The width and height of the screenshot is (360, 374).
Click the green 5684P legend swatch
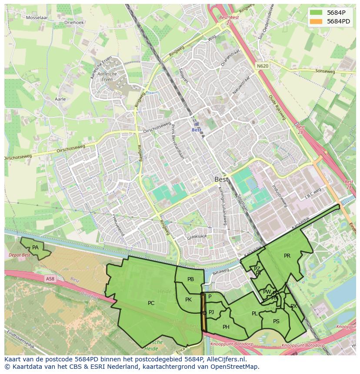316,13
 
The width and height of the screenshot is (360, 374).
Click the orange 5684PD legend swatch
316,21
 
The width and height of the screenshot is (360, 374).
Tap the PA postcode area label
36,248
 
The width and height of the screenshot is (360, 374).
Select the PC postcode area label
151,303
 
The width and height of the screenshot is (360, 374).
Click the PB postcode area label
190,279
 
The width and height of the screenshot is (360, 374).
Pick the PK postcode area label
188,300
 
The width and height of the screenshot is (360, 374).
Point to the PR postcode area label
287,256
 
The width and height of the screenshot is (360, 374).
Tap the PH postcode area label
226,327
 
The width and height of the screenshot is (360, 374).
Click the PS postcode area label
276,321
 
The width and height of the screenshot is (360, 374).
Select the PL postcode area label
254,314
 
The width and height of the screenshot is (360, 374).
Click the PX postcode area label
293,306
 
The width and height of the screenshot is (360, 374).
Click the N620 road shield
262,66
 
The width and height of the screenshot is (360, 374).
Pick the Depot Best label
20,255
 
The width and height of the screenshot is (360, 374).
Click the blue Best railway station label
197,130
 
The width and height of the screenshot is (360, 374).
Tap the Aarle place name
60,99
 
